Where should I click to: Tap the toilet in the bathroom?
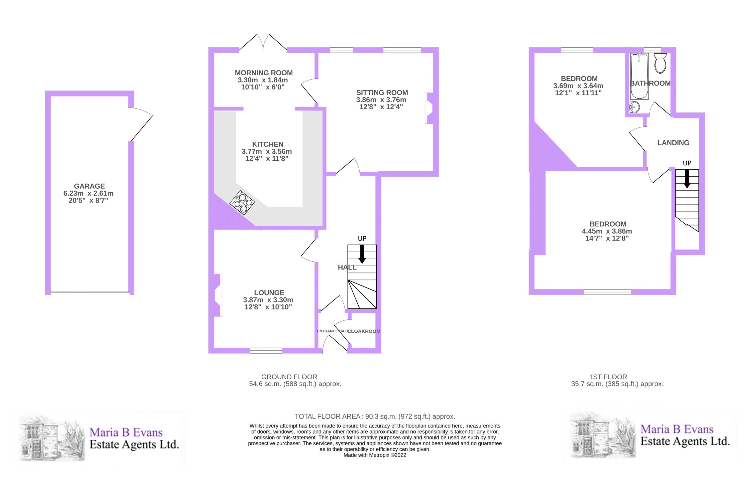coord(660,63)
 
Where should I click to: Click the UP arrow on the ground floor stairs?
coord(362,254)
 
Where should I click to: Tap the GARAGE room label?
coord(90,186)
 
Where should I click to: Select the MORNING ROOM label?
coord(264,73)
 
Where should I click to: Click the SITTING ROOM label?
coord(382,93)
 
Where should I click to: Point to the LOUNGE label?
coord(269,292)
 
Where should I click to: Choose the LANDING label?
coord(673,143)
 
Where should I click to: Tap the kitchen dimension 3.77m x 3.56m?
coord(267,152)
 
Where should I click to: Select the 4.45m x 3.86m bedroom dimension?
coord(607,231)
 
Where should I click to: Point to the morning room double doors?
coord(263,42)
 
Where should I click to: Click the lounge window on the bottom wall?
coord(266,351)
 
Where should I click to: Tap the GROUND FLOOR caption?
coord(289,377)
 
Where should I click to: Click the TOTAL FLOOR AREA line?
coord(375,416)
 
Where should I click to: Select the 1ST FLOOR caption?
coord(608,377)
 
